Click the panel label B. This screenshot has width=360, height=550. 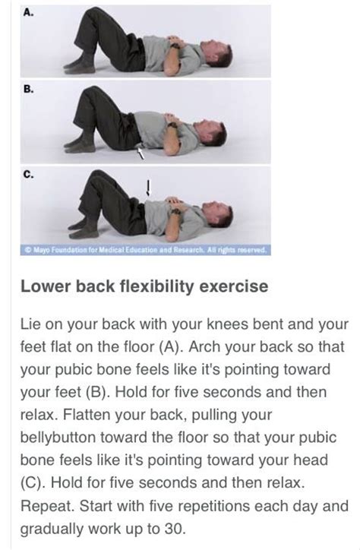29,88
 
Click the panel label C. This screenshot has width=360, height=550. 29,173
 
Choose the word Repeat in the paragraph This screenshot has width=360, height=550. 46,505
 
